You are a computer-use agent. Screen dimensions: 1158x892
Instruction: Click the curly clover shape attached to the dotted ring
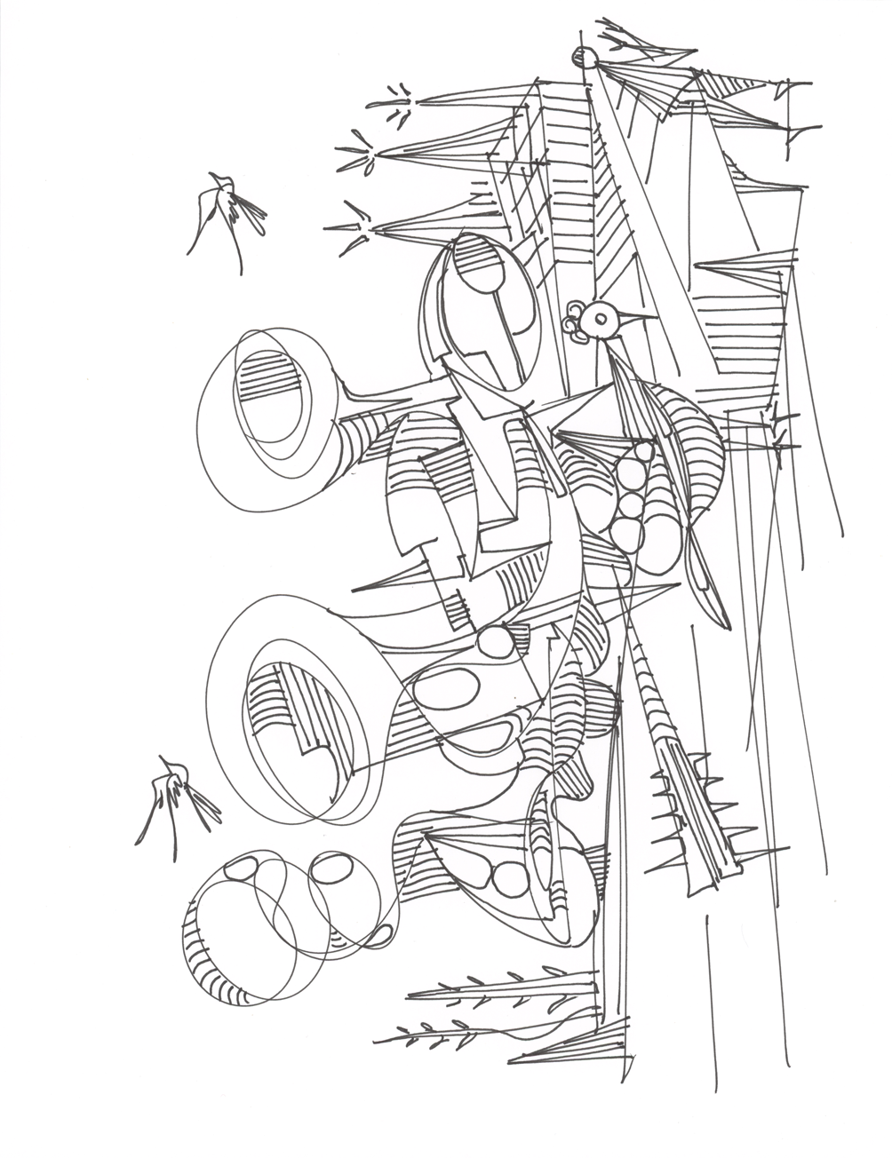click(x=576, y=321)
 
